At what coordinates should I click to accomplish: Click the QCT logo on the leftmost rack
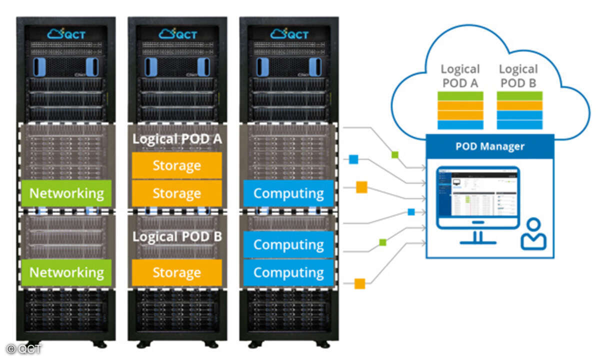pos(66,34)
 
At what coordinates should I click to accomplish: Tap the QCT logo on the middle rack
pos(177,34)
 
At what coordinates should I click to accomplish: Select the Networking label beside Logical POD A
pos(66,193)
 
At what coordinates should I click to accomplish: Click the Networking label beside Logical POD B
pos(66,272)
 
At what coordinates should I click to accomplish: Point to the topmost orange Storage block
pos(177,165)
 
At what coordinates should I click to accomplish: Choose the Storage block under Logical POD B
pos(177,272)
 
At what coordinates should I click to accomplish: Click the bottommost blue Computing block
pos(288,272)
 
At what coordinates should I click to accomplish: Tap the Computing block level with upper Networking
pos(288,193)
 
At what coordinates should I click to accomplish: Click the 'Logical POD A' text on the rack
pos(177,139)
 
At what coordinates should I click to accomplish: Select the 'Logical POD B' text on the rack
pos(177,236)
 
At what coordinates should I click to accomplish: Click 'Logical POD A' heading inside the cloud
pos(460,76)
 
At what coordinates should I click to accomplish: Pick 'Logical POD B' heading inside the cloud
pos(518,76)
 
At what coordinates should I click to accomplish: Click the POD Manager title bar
pos(490,146)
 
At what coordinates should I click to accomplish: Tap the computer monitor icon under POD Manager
pos(477,200)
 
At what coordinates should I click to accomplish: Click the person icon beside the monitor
pos(533,235)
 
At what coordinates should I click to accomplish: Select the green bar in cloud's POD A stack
pos(460,96)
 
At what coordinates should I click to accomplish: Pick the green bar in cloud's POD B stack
pos(519,96)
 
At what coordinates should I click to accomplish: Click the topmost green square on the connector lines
pos(395,154)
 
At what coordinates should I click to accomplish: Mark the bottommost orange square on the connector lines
pos(359,283)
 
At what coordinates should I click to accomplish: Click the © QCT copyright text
pos(24,349)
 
